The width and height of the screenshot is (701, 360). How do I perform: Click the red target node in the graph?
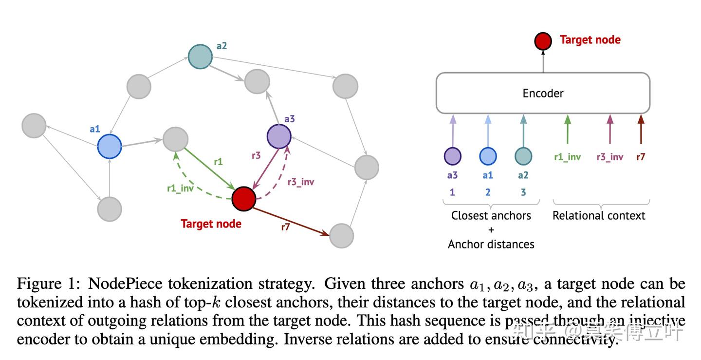click(243, 199)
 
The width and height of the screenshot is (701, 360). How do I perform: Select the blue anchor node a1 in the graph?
click(110, 146)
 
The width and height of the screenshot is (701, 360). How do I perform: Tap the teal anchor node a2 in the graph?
click(201, 57)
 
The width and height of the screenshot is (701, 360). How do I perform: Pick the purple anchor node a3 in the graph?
click(279, 136)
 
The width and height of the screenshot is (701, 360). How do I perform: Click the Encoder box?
click(543, 93)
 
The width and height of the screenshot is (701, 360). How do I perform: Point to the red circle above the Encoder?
click(543, 41)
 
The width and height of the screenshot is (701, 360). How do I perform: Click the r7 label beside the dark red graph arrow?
click(285, 226)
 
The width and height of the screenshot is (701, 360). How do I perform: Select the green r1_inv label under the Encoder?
click(567, 157)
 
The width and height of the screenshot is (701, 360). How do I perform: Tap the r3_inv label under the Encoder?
click(610, 157)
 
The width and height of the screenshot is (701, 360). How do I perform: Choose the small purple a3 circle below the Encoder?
click(453, 156)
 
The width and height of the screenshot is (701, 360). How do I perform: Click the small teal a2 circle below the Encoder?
click(523, 156)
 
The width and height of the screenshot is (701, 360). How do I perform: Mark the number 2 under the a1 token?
click(488, 192)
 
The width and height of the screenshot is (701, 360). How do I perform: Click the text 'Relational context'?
click(599, 215)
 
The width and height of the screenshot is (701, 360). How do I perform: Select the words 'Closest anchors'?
click(491, 215)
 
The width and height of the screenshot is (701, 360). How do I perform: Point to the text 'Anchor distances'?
click(491, 244)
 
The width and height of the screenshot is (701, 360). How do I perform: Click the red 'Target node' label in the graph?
click(211, 224)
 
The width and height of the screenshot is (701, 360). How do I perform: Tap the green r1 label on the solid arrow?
click(218, 162)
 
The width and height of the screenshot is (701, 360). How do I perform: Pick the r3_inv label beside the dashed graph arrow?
click(300, 182)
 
